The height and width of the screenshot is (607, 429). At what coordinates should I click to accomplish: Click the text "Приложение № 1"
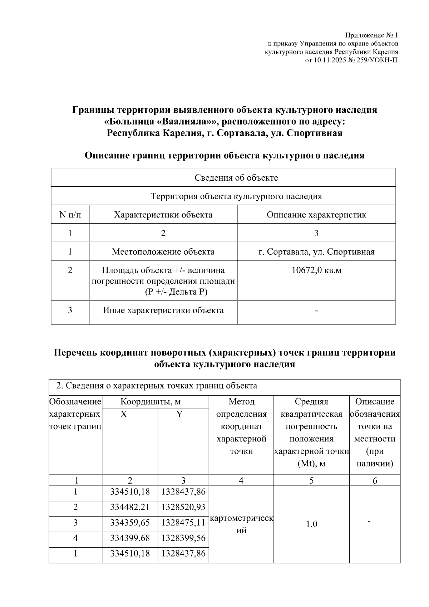point(371,35)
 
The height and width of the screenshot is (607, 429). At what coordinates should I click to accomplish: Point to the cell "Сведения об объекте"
point(236,178)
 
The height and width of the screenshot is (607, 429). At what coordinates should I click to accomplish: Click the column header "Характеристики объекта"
point(163,215)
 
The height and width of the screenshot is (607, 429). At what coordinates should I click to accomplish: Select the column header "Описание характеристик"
point(316,215)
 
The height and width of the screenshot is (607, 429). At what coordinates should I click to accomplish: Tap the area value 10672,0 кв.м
point(316,270)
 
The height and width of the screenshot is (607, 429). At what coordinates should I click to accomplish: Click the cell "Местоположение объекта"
point(163,252)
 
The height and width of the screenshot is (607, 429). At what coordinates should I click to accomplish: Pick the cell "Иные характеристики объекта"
point(163,310)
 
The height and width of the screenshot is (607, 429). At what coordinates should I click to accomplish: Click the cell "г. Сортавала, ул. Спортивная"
point(316,252)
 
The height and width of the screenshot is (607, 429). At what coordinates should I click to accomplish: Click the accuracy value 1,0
point(311,524)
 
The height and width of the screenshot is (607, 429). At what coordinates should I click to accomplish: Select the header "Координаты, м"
point(155,402)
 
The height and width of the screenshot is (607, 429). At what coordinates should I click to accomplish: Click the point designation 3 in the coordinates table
point(75,523)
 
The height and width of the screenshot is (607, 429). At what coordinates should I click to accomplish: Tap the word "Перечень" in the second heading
point(75,353)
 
